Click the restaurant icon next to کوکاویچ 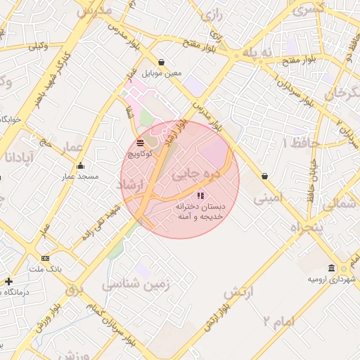tap(141, 142)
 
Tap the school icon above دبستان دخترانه tap(200, 196)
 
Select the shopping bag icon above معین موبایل tap(162, 62)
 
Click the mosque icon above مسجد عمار tap(81, 166)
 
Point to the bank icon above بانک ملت tap(46, 258)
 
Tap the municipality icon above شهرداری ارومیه tap(331, 268)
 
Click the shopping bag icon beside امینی tap(264, 176)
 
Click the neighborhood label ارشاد tap(131, 184)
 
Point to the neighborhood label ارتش tap(238, 290)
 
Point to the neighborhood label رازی tap(212, 14)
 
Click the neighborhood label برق tap(75, 289)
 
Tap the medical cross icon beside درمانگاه tap(8, 281)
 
